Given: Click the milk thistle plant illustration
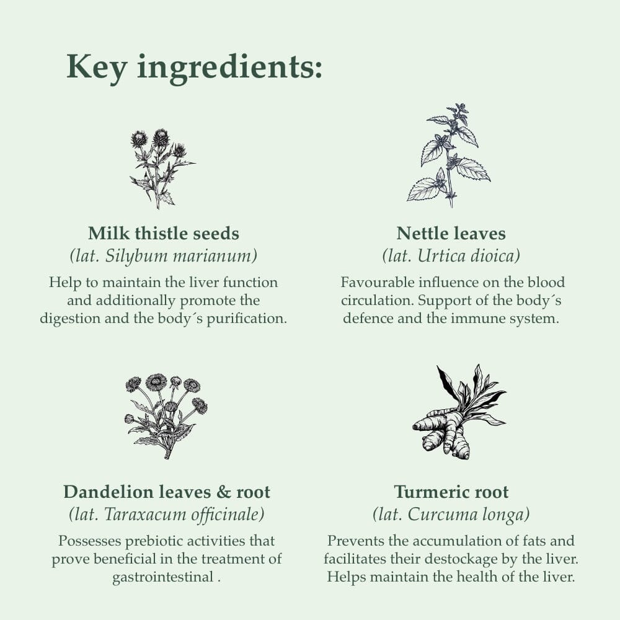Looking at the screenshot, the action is click(x=162, y=169).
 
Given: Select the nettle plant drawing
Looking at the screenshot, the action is click(x=448, y=155).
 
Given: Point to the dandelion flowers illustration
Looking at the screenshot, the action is click(x=166, y=416).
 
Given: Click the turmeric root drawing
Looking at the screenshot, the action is click(x=459, y=412).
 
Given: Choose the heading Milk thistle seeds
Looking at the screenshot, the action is click(x=163, y=233).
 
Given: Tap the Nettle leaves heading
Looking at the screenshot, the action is click(x=451, y=233).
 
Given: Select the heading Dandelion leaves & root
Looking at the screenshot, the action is click(x=167, y=492).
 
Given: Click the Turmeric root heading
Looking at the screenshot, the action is click(x=451, y=492).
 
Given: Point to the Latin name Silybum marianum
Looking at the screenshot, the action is click(x=181, y=256).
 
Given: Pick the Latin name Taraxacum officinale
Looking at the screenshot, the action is click(x=184, y=515).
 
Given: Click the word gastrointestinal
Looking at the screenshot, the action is click(x=162, y=577).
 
